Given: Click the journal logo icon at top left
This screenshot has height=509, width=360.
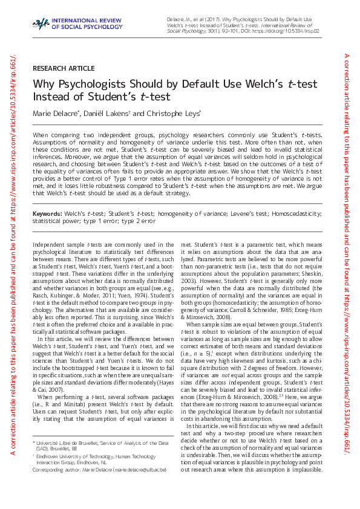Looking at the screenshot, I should [x=40, y=24].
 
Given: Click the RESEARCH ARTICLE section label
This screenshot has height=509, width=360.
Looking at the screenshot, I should [x=64, y=68].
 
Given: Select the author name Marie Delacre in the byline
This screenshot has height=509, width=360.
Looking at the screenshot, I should [x=54, y=113].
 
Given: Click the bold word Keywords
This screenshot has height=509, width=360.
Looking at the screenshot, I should [x=47, y=213].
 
